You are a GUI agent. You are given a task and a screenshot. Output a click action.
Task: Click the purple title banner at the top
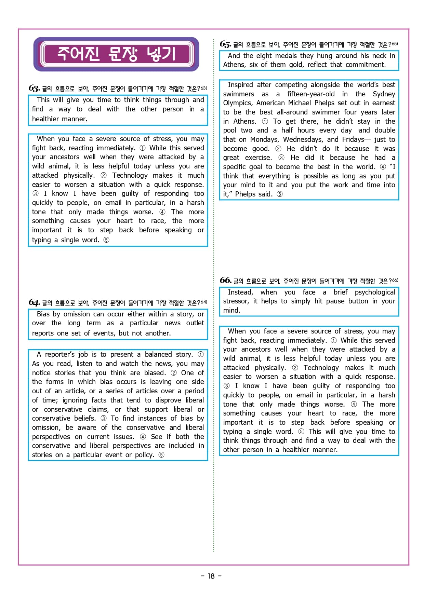116,54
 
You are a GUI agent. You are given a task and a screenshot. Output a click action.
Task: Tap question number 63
34,89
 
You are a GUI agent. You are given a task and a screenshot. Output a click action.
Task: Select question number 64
34,302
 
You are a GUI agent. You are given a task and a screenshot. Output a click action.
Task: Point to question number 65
225,44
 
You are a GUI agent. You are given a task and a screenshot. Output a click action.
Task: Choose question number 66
225,281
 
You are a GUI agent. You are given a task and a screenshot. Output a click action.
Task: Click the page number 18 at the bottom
211,576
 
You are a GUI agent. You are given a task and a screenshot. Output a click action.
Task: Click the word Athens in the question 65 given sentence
234,65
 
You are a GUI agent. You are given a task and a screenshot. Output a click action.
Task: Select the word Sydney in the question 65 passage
384,94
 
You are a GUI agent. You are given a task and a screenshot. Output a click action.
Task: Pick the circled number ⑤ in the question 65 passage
279,194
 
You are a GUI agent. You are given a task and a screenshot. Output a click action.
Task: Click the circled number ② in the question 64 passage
174,373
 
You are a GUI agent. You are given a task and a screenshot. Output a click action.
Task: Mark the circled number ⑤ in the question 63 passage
106,240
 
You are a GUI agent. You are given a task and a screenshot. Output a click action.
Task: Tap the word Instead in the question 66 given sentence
240,292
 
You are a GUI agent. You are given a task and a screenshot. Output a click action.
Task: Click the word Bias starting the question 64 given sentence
43,314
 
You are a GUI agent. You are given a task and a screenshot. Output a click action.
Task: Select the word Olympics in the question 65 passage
237,103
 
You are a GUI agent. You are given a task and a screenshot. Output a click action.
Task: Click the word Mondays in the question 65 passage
264,139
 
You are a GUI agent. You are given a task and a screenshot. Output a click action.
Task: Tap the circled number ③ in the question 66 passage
226,386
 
